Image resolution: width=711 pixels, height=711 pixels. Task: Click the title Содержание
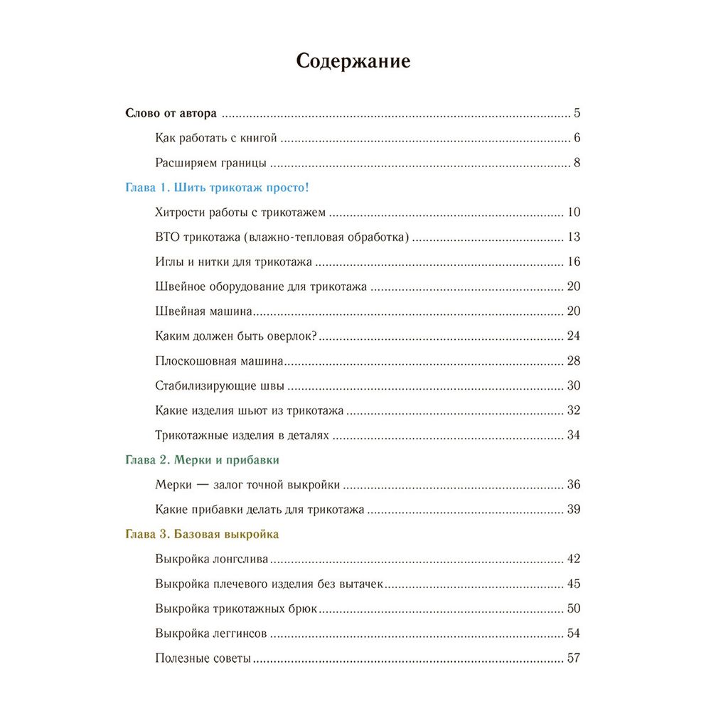pyautogui.click(x=353, y=61)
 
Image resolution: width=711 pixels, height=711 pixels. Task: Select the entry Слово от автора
pyautogui.click(x=171, y=113)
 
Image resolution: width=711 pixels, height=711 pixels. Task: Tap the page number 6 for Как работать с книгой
pyautogui.click(x=577, y=138)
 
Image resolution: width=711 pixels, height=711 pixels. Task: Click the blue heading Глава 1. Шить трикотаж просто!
pyautogui.click(x=217, y=188)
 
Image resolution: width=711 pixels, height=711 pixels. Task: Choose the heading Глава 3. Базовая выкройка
pyautogui.click(x=202, y=534)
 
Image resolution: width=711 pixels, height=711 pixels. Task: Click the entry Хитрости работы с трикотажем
pyautogui.click(x=240, y=213)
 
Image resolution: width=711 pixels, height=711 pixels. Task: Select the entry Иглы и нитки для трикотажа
pyautogui.click(x=233, y=262)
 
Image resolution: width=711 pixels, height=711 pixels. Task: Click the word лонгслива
pyautogui.click(x=242, y=559)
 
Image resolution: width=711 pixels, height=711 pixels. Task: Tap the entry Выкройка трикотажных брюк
pyautogui.click(x=235, y=609)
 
